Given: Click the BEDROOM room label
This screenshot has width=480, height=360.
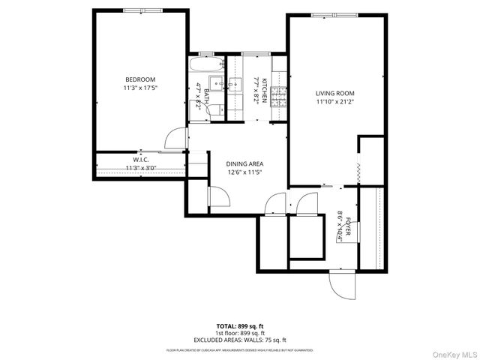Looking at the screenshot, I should [140, 79].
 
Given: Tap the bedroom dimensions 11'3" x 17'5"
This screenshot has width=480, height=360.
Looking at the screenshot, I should [140, 88].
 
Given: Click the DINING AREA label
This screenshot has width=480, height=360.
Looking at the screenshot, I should [245, 163].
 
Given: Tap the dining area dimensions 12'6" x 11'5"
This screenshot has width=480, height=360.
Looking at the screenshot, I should [245, 172].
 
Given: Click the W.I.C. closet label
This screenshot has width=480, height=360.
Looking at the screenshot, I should [140, 160].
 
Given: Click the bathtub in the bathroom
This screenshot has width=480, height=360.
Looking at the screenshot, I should [205, 64].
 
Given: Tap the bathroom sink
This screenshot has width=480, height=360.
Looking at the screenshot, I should [214, 84].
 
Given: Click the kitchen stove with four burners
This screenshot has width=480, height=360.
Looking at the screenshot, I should [279, 95].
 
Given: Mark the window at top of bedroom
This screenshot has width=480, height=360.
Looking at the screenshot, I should [140, 10].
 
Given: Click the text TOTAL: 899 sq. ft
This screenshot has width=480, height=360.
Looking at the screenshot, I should [239, 326].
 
